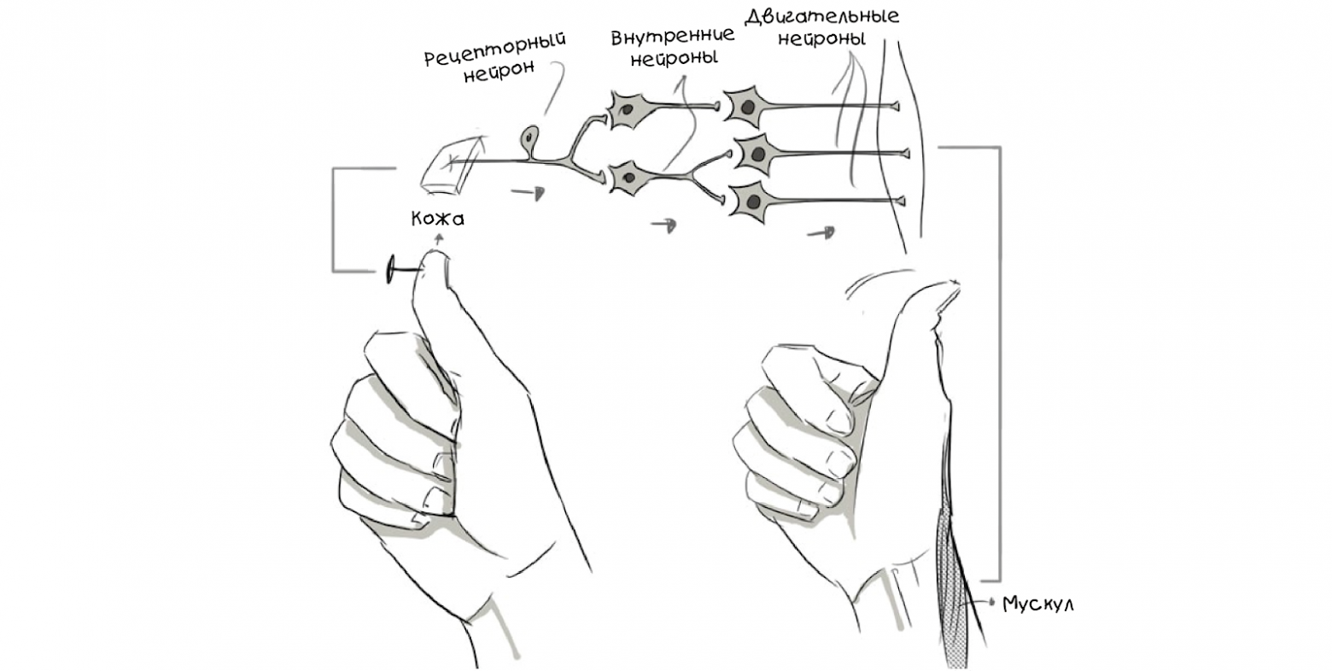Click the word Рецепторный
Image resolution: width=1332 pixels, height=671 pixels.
494,50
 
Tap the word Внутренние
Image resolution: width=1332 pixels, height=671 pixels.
673,37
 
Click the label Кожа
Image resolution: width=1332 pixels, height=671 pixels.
438,219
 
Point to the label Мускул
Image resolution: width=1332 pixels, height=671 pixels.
1038,604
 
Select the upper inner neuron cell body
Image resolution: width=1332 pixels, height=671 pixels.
630,108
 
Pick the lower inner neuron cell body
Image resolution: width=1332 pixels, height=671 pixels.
630,177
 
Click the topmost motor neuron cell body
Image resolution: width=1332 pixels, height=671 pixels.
747,108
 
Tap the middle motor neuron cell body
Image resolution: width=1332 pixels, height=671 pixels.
757,155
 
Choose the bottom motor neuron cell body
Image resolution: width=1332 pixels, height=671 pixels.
751,201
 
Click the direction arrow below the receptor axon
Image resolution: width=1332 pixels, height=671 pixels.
528,193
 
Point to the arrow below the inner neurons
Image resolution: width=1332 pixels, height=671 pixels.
663,225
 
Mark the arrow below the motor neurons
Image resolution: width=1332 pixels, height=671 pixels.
821,232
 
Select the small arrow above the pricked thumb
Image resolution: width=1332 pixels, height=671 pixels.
440,240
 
